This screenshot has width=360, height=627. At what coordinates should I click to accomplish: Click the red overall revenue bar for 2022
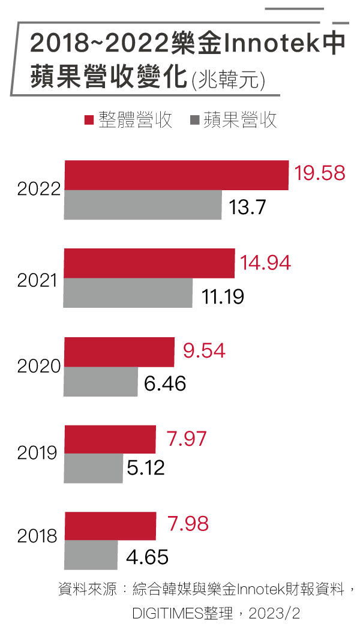tap(176, 175)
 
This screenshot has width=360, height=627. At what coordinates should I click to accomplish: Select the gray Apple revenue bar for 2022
tap(143, 205)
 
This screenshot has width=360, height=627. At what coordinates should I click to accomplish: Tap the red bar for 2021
tap(149, 263)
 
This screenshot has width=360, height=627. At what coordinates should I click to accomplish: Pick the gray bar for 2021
tap(128, 293)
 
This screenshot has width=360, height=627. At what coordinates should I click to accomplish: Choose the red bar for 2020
tap(119, 352)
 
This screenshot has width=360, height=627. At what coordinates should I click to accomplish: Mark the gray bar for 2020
tap(101, 382)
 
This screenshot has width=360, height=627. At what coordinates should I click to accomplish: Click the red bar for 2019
tap(110, 439)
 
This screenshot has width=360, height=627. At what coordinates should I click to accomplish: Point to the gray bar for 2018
tap(91, 555)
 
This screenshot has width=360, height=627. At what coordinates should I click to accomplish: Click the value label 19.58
tap(320, 173)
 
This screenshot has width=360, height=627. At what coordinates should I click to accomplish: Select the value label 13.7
tap(247, 207)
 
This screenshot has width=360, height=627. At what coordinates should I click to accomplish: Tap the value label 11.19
tap(223, 297)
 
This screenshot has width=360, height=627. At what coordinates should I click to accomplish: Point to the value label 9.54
tap(204, 350)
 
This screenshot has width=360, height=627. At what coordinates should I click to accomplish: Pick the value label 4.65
tap(147, 557)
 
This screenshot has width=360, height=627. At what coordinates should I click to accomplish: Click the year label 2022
tap(38, 189)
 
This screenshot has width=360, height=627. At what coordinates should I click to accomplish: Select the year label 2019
tap(37, 452)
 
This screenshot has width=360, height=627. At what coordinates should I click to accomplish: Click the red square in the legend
tap(89, 120)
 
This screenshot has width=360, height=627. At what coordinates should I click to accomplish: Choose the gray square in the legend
tap(194, 120)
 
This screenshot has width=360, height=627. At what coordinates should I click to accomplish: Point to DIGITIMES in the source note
tap(167, 613)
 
